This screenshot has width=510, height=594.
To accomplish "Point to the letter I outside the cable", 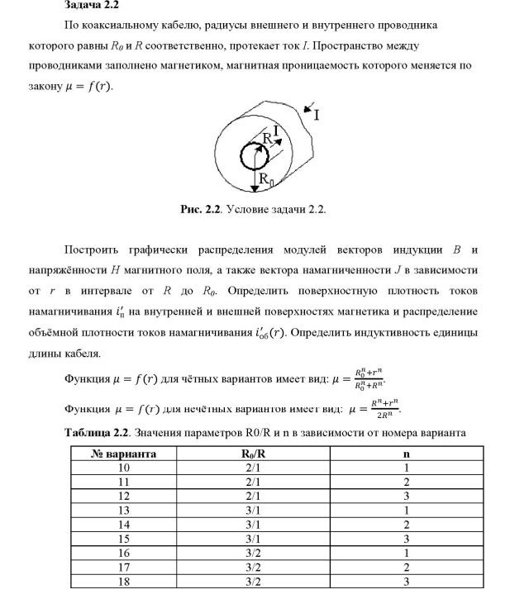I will click(x=317, y=116).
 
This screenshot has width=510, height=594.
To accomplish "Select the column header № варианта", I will click(x=124, y=453).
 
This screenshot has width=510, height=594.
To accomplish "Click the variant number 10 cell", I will click(x=124, y=467).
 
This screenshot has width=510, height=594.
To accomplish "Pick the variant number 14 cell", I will click(x=124, y=523).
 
